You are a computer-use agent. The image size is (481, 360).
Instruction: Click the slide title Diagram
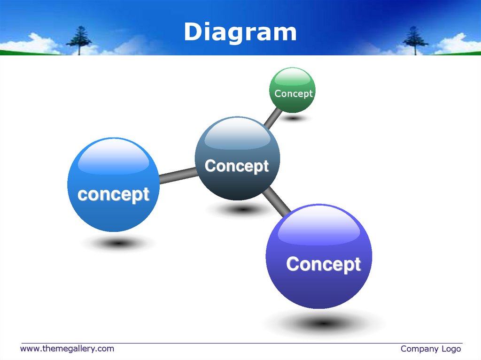pos(240,32)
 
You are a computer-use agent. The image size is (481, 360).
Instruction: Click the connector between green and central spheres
pos(273,118)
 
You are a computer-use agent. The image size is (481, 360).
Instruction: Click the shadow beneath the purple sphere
pos(324,323)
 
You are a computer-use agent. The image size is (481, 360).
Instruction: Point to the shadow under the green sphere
pos(294,118)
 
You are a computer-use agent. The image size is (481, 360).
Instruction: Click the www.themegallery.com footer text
pos(67,348)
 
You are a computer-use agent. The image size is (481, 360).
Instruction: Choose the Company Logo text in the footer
pos(430,348)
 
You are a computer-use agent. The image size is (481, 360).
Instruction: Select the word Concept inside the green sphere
pos(293,93)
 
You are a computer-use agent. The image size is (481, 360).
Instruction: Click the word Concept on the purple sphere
pos(323,264)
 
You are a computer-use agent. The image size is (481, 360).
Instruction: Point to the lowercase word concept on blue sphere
pos(113,194)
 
